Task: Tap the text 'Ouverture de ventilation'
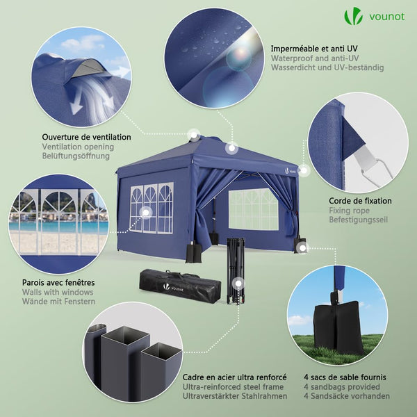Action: [86, 137]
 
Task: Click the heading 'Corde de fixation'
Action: [360, 201]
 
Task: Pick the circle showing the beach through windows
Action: [59, 222]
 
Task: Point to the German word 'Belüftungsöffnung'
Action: [76, 156]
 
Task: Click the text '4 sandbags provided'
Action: [341, 386]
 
